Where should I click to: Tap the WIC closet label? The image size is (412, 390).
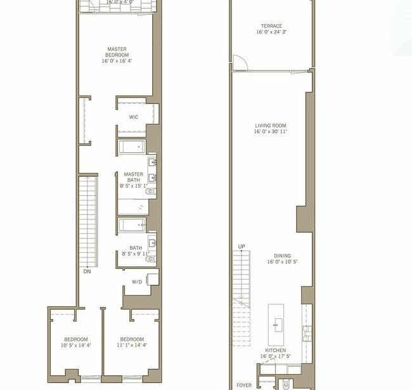(x=134, y=117)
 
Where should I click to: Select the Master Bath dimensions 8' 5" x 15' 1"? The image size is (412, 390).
(x=134, y=186)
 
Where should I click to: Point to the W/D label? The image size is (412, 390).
(x=137, y=282)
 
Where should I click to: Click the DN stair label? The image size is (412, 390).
(x=86, y=271)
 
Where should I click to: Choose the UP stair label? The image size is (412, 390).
(x=241, y=246)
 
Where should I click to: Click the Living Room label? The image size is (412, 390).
(x=271, y=126)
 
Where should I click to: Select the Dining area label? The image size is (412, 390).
(x=278, y=256)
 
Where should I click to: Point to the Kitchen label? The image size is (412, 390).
(x=275, y=350)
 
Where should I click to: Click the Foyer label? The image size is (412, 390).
(x=243, y=385)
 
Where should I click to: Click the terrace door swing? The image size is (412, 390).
(x=239, y=62)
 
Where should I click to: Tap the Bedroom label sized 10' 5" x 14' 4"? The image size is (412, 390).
(x=75, y=339)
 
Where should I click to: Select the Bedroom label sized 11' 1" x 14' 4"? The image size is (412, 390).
(x=132, y=339)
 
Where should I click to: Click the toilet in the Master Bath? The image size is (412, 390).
(x=150, y=191)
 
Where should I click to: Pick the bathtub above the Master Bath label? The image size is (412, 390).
(x=132, y=148)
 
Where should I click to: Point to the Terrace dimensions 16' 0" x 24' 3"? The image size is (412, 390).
(x=271, y=32)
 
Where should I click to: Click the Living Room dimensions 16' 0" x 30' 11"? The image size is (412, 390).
(x=271, y=132)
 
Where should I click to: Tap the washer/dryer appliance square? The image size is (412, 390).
(x=151, y=278)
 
